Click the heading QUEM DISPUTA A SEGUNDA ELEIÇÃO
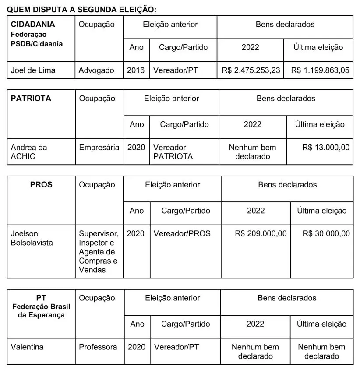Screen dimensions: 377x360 [x=81, y=9]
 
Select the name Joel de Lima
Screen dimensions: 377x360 [x=33, y=70]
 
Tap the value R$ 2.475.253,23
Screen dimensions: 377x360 [x=251, y=70]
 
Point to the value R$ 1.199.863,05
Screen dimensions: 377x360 [x=320, y=70]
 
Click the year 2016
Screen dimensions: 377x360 [x=136, y=70]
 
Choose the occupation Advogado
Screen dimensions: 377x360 [x=96, y=70]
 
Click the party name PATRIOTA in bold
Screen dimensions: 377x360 [x=31, y=98]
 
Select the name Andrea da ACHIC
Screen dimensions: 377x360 [x=29, y=152]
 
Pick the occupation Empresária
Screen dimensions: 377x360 [x=99, y=148]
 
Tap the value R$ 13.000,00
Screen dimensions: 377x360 [x=326, y=148]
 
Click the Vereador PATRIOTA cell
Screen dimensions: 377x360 [x=173, y=152]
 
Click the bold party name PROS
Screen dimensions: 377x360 [x=41, y=185]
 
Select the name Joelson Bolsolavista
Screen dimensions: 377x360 [x=32, y=238]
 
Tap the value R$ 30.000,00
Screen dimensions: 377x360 [x=326, y=233]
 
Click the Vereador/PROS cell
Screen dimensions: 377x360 [x=182, y=233]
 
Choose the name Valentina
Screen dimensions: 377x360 [x=27, y=347]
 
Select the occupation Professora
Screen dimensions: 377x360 [x=98, y=347]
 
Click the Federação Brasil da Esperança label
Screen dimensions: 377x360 [x=41, y=310]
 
